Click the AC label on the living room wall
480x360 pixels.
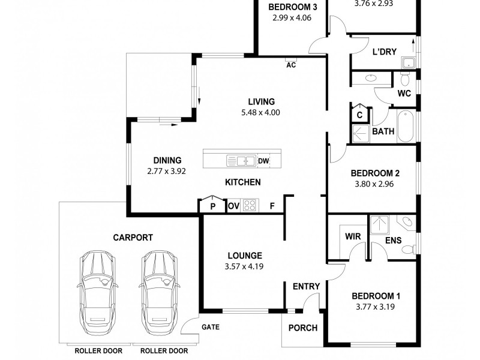coord(291,65)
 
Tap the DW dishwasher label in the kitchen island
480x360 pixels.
coord(263,161)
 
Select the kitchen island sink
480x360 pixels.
coord(241,160)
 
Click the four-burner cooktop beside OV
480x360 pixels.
coord(250,205)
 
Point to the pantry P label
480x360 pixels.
coord(213,206)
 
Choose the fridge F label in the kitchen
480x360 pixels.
coord(272,206)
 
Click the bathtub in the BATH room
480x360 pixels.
coord(406,126)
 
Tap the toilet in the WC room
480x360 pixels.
coord(405,79)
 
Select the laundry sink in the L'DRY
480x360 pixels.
coord(408,63)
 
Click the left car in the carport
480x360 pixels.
coord(97,292)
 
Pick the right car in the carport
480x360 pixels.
coord(159,292)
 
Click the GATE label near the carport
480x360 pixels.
coord(211,327)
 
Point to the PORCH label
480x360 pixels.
coord(303,328)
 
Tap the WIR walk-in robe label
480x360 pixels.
coord(353,236)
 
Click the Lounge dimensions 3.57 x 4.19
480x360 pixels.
coord(244,266)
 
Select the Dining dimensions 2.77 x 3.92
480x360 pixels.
coord(167,171)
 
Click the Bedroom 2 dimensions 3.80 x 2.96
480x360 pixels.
coord(374,184)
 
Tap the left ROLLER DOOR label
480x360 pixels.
coord(98,351)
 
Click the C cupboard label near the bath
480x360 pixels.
coord(359,115)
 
